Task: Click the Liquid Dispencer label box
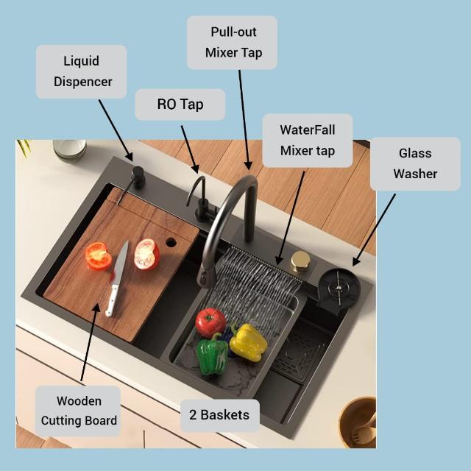tap(81, 71)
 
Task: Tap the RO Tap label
tap(180, 105)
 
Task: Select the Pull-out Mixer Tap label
tap(232, 43)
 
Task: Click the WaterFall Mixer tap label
tap(307, 140)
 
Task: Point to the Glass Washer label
tap(415, 163)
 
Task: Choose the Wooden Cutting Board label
tap(79, 411)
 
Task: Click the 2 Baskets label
tap(219, 415)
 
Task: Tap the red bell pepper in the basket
tap(210, 322)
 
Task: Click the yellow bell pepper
tap(247, 341)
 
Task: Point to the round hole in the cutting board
tap(171, 241)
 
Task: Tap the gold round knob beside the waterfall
tap(300, 261)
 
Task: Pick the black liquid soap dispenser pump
tap(137, 177)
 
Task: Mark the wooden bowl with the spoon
tap(358, 422)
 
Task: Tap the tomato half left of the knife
tap(98, 255)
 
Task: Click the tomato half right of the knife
tap(146, 254)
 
